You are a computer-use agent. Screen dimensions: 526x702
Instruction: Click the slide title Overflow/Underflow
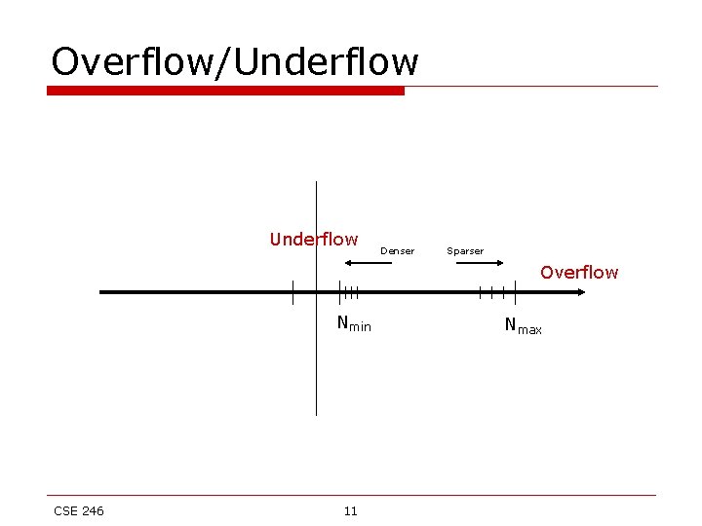pyautogui.click(x=234, y=61)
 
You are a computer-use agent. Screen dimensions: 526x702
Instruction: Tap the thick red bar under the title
pyautogui.click(x=225, y=91)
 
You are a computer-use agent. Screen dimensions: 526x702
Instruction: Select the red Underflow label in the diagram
pyautogui.click(x=314, y=240)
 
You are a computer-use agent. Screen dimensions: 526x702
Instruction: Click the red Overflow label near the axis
pyautogui.click(x=579, y=273)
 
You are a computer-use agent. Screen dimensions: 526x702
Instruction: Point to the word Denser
pyautogui.click(x=397, y=251)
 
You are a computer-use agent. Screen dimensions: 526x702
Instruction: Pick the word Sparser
pyautogui.click(x=465, y=251)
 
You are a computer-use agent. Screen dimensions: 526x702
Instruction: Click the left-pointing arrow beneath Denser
pyautogui.click(x=369, y=263)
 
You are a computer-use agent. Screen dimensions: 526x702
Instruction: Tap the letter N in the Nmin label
pyautogui.click(x=343, y=322)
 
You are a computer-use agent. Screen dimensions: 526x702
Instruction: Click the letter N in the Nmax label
pyautogui.click(x=511, y=324)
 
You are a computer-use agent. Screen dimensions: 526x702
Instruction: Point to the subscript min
pyautogui.click(x=360, y=327)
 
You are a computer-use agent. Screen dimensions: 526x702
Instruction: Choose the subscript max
pyautogui.click(x=529, y=330)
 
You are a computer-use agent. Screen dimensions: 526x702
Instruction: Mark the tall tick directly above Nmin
pyautogui.click(x=339, y=291)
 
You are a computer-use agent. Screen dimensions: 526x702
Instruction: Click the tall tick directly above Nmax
pyautogui.click(x=514, y=291)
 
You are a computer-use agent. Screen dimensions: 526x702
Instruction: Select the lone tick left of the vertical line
pyautogui.click(x=292, y=291)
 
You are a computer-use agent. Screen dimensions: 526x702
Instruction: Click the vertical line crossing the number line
pyautogui.click(x=316, y=370)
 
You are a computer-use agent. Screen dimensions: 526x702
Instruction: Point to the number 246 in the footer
pyautogui.click(x=92, y=511)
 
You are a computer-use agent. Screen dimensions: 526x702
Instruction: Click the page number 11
pyautogui.click(x=351, y=511)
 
